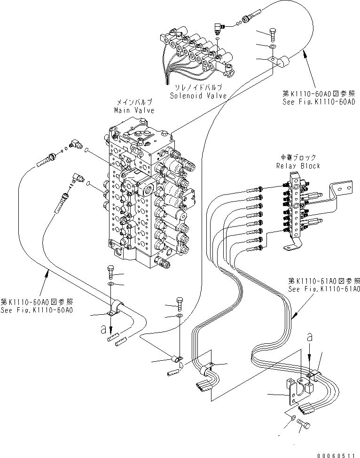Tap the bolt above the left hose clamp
(110, 272)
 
